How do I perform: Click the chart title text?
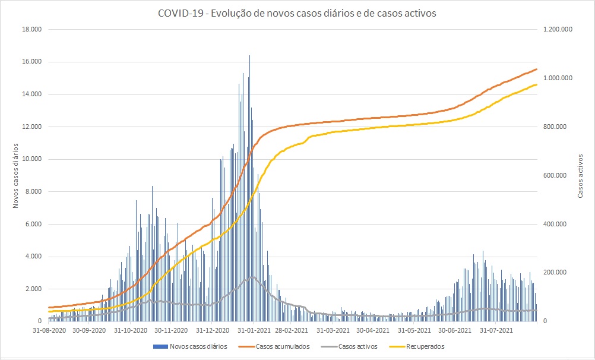click(297, 13)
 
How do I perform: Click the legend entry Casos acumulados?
click(283, 346)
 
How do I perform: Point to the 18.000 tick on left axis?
click(32, 29)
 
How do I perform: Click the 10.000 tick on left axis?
click(32, 159)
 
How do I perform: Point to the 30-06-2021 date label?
click(455, 330)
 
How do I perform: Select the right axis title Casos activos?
click(581, 175)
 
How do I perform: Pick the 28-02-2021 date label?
click(291, 330)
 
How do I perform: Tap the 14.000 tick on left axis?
click(32, 94)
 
